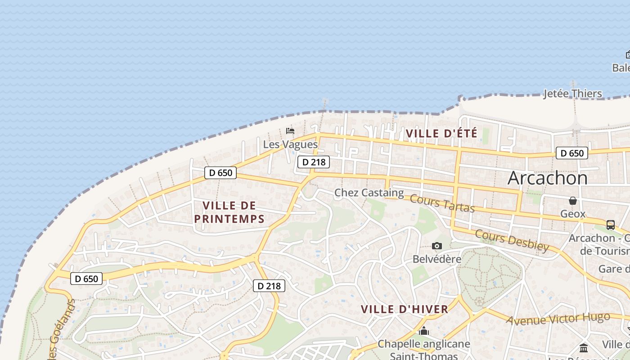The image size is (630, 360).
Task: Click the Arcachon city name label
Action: [x=547, y=178]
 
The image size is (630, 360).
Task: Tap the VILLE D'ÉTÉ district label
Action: [x=441, y=134]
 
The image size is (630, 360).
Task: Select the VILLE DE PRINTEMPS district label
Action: [x=229, y=212]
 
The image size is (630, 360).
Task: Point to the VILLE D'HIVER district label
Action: [x=405, y=309]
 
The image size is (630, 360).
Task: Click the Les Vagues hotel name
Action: [x=290, y=144]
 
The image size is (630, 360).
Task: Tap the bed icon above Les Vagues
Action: [x=290, y=131]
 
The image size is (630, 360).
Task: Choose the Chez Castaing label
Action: [x=369, y=193]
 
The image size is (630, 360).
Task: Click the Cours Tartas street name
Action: [x=442, y=203]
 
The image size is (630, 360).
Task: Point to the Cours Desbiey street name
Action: [x=512, y=240]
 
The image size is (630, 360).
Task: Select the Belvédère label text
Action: [x=437, y=259]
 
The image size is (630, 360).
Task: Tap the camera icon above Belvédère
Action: [x=436, y=246]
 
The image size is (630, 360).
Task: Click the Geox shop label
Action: [x=573, y=214]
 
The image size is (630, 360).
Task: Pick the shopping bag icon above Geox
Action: [x=573, y=201]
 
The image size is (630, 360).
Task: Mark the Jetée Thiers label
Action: [x=572, y=94]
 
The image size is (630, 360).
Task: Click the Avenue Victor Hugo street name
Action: [x=565, y=318]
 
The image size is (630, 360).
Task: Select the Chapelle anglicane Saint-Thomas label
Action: [x=423, y=350]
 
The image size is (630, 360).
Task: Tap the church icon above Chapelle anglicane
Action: [x=423, y=332]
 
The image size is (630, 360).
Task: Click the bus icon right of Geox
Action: [x=611, y=225]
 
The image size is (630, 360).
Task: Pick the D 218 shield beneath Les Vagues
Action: [x=314, y=162]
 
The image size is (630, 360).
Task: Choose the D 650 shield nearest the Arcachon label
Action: [x=572, y=153]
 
